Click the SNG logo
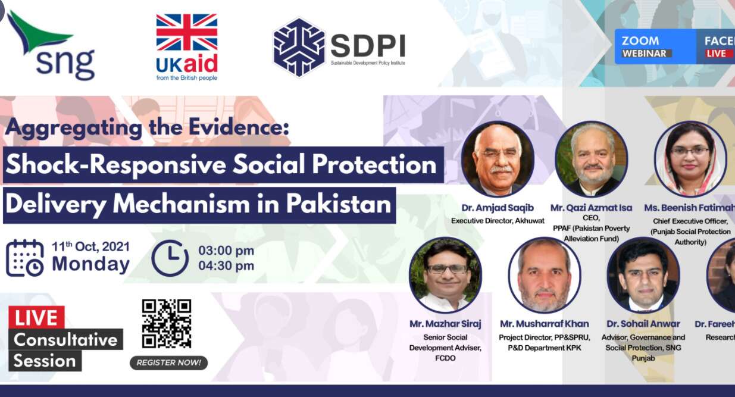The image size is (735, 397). [52, 46]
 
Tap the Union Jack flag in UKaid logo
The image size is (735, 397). [186, 33]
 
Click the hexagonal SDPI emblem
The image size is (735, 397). [299, 47]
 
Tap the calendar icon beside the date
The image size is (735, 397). [25, 258]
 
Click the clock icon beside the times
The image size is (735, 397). [170, 258]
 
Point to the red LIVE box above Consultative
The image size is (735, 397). [36, 317]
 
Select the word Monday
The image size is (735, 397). [90, 264]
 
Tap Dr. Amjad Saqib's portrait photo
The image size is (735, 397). [498, 160]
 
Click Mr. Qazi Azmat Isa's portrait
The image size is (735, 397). [591, 160]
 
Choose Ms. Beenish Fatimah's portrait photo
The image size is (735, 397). [690, 160]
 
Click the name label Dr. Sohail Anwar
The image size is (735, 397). [643, 324]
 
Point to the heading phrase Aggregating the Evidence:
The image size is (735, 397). [147, 127]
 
